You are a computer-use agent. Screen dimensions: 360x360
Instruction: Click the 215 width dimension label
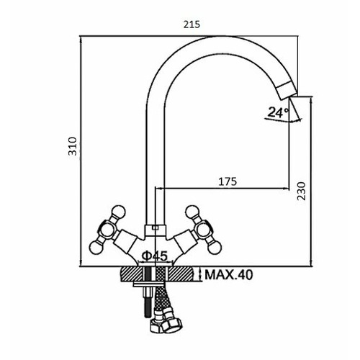pos(192,24)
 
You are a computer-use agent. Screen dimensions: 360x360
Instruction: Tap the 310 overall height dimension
pos(73,146)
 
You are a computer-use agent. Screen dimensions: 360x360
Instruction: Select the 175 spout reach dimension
pos(228,181)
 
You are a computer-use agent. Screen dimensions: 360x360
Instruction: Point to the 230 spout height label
pos(302,191)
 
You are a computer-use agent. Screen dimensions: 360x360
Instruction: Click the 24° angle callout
pos(279,112)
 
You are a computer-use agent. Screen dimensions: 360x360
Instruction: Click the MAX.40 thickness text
pos(228,275)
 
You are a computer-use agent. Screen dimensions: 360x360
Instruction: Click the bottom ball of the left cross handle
pos(96,247)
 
